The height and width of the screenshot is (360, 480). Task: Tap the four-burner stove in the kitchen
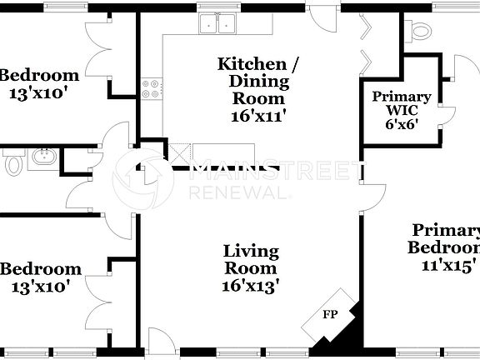(151, 88)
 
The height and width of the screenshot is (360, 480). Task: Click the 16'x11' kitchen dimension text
(259, 116)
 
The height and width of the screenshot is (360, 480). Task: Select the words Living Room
(251, 259)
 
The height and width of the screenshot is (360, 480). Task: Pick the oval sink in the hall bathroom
(43, 156)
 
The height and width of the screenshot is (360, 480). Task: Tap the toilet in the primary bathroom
(422, 34)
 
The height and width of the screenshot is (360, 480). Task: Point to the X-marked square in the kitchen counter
(180, 152)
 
